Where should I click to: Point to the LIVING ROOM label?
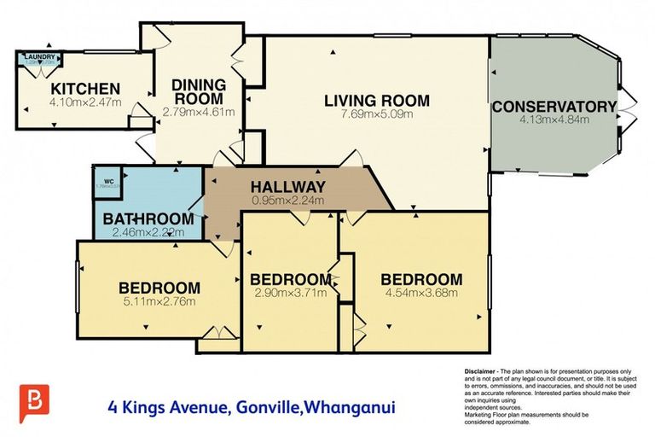tap(376, 101)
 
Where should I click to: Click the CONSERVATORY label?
tap(554, 107)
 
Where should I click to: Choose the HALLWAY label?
tap(287, 187)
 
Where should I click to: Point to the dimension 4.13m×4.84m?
tap(554, 120)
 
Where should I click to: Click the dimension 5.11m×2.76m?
tap(159, 300)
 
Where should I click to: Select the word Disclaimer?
tap(481, 371)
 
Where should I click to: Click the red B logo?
tap(34, 403)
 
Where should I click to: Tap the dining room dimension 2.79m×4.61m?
tap(198, 111)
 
